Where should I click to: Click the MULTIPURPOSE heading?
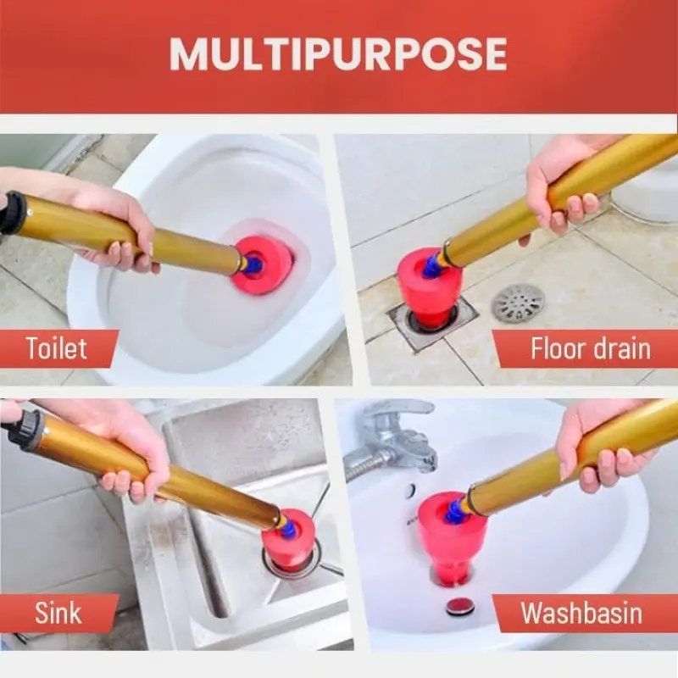[x=337, y=54]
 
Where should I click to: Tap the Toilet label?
[x=56, y=348]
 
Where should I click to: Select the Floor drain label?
[x=590, y=348]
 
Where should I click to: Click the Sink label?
[x=58, y=613]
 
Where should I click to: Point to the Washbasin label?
[x=581, y=613]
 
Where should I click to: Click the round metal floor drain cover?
[x=518, y=303]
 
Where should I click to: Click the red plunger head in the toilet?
[x=261, y=265]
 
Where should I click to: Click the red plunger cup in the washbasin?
[x=452, y=537]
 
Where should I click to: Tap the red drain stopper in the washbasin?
[x=459, y=605]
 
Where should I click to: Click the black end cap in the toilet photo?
[x=12, y=213]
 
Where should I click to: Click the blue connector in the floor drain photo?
[x=431, y=266]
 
